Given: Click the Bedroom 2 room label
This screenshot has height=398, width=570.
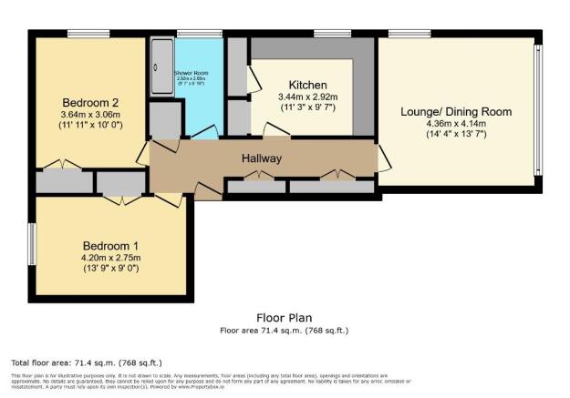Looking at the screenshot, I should tap(89, 102).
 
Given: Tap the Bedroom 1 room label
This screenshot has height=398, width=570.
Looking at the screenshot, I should tap(110, 246).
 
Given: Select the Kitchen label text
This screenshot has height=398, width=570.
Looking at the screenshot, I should tap(307, 85).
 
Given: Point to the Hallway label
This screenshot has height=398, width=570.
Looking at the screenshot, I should tap(261, 158).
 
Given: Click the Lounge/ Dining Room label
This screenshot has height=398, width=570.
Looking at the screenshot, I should tap(456, 112).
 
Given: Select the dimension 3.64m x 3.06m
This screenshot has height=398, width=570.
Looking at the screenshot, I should tap(89, 115).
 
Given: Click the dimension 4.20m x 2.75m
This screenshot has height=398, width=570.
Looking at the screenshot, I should tap(110, 259).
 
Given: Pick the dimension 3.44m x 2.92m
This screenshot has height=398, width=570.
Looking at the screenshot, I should tap(307, 97).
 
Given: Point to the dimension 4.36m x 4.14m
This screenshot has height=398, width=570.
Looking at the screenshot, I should tap(456, 124).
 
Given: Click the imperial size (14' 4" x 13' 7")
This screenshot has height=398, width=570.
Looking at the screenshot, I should tap(456, 136).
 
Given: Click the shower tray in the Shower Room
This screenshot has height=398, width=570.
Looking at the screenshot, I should tap(162, 66).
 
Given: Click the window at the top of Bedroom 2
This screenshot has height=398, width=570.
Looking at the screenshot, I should tap(88, 35).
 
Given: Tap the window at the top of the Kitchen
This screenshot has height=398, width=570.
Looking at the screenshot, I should tap(326, 35).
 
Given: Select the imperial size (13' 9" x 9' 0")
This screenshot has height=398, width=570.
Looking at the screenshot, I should tap(110, 270).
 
